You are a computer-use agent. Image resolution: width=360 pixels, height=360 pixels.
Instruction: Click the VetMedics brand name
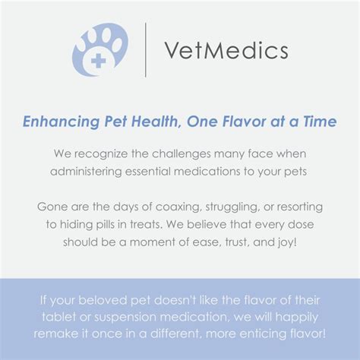(x=226, y=51)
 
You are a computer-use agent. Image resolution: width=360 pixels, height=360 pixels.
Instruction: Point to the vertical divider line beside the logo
(x=145, y=50)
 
